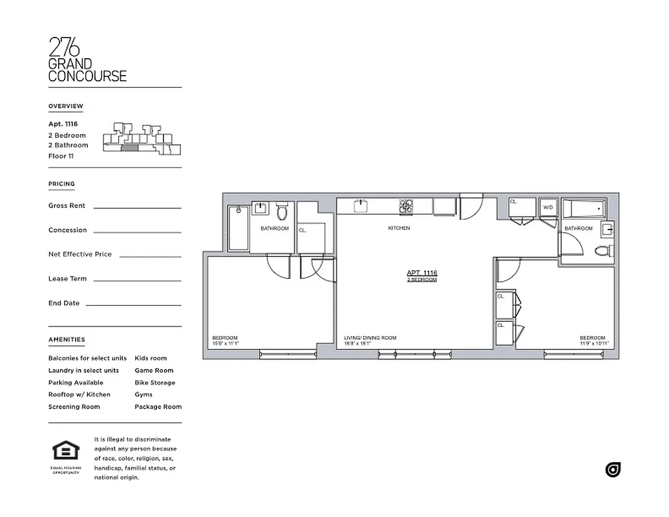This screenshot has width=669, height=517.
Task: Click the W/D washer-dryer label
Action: click(548, 207)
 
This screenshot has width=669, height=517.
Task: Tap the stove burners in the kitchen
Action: click(406, 206)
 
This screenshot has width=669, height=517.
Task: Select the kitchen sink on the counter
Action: click(361, 206)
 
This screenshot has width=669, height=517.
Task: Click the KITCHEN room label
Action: click(399, 228)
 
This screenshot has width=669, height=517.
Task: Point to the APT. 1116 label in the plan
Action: click(422, 273)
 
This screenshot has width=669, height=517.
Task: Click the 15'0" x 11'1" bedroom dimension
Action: click(226, 344)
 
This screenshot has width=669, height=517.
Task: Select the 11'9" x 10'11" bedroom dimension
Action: click(594, 344)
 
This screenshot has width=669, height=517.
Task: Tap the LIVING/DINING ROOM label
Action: click(370, 338)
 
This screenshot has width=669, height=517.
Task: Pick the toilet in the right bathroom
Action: click(602, 251)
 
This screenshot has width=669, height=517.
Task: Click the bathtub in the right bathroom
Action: click(584, 209)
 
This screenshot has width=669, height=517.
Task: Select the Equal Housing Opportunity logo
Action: click(65, 453)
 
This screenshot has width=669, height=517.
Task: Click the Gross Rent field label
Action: click(67, 206)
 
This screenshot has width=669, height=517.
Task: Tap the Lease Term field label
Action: click(67, 279)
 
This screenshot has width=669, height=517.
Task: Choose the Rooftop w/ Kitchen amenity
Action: click(79, 394)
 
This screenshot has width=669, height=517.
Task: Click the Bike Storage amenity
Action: click(154, 383)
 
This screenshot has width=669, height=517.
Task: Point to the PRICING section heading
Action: click(61, 184)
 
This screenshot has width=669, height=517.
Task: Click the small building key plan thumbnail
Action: click(142, 139)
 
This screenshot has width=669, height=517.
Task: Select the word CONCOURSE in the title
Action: click(87, 76)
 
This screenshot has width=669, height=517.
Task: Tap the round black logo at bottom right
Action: click(613, 470)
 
